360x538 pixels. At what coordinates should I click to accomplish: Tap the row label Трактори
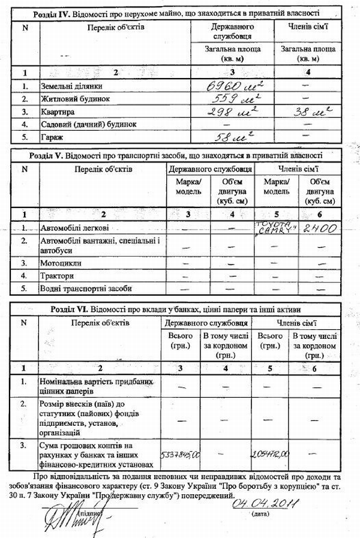57,276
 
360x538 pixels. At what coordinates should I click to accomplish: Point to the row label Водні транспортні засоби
85,288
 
